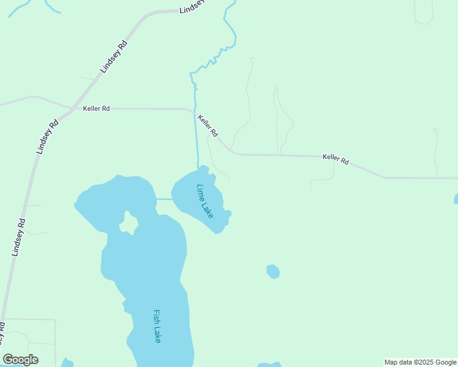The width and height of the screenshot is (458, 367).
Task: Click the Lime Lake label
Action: (x=205, y=201)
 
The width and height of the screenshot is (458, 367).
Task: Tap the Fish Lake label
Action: (x=157, y=326)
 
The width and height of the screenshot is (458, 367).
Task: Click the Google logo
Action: (x=20, y=360)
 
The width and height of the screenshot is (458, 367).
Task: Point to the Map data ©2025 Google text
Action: (x=420, y=362)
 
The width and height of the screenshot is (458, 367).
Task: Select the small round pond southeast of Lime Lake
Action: (x=273, y=271)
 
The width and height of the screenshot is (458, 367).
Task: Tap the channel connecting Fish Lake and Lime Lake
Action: (x=163, y=199)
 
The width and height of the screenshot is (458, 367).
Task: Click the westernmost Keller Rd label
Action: (x=96, y=109)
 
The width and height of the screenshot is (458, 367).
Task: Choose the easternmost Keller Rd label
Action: (x=336, y=159)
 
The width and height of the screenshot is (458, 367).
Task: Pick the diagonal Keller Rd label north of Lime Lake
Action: (x=208, y=124)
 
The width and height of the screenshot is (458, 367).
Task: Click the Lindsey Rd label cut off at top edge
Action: (x=191, y=7)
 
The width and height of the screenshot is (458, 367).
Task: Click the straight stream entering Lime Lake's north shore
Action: (x=196, y=141)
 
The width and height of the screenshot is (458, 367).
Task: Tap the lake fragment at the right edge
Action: (x=456, y=198)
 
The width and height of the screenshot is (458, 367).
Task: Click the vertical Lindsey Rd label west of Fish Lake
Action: (x=18, y=237)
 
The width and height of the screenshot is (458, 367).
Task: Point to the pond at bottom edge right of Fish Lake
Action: (x=269, y=365)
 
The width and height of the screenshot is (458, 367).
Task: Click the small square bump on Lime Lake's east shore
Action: (x=227, y=213)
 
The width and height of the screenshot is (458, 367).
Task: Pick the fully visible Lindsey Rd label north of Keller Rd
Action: (x=113, y=57)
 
